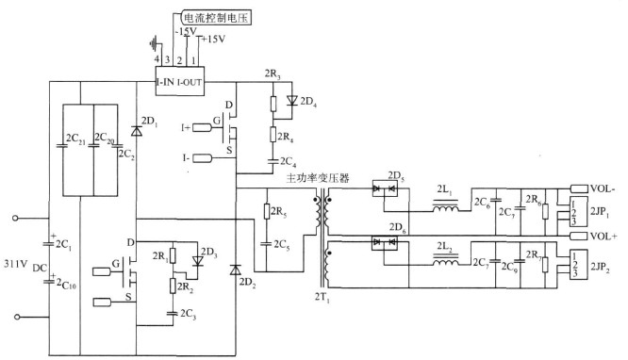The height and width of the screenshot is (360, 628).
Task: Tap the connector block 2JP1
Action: coord(577,211)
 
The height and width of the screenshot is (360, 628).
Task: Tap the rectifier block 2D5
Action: coord(387,188)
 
